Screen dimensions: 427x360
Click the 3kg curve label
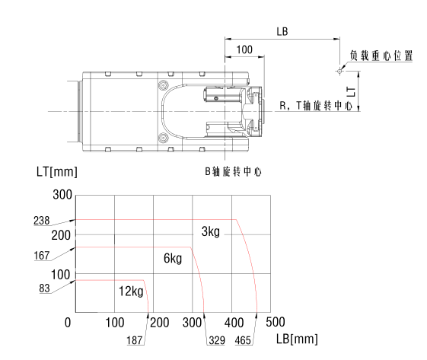(x=211, y=231)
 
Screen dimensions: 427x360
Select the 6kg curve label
(x=173, y=258)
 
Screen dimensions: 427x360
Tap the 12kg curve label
(x=131, y=292)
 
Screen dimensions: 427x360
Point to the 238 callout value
(x=42, y=221)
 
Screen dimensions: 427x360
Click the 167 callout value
(x=42, y=256)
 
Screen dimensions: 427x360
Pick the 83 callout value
(x=44, y=288)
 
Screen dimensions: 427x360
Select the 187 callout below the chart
(x=135, y=340)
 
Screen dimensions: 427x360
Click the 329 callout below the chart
(x=217, y=340)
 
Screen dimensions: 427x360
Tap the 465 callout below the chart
(x=243, y=340)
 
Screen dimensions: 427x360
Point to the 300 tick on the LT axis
(x=62, y=195)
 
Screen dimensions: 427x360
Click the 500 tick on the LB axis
(x=276, y=322)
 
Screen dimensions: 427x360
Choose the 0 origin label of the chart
(x=68, y=323)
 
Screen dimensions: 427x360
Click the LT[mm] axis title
(x=57, y=172)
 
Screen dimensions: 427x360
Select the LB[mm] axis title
(x=297, y=339)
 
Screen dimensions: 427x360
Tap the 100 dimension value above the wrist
(x=244, y=49)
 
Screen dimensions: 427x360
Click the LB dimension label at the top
(x=282, y=32)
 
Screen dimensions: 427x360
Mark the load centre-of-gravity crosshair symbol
(x=339, y=72)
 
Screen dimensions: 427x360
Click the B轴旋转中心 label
(x=233, y=171)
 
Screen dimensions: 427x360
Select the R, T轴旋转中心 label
(x=316, y=106)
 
